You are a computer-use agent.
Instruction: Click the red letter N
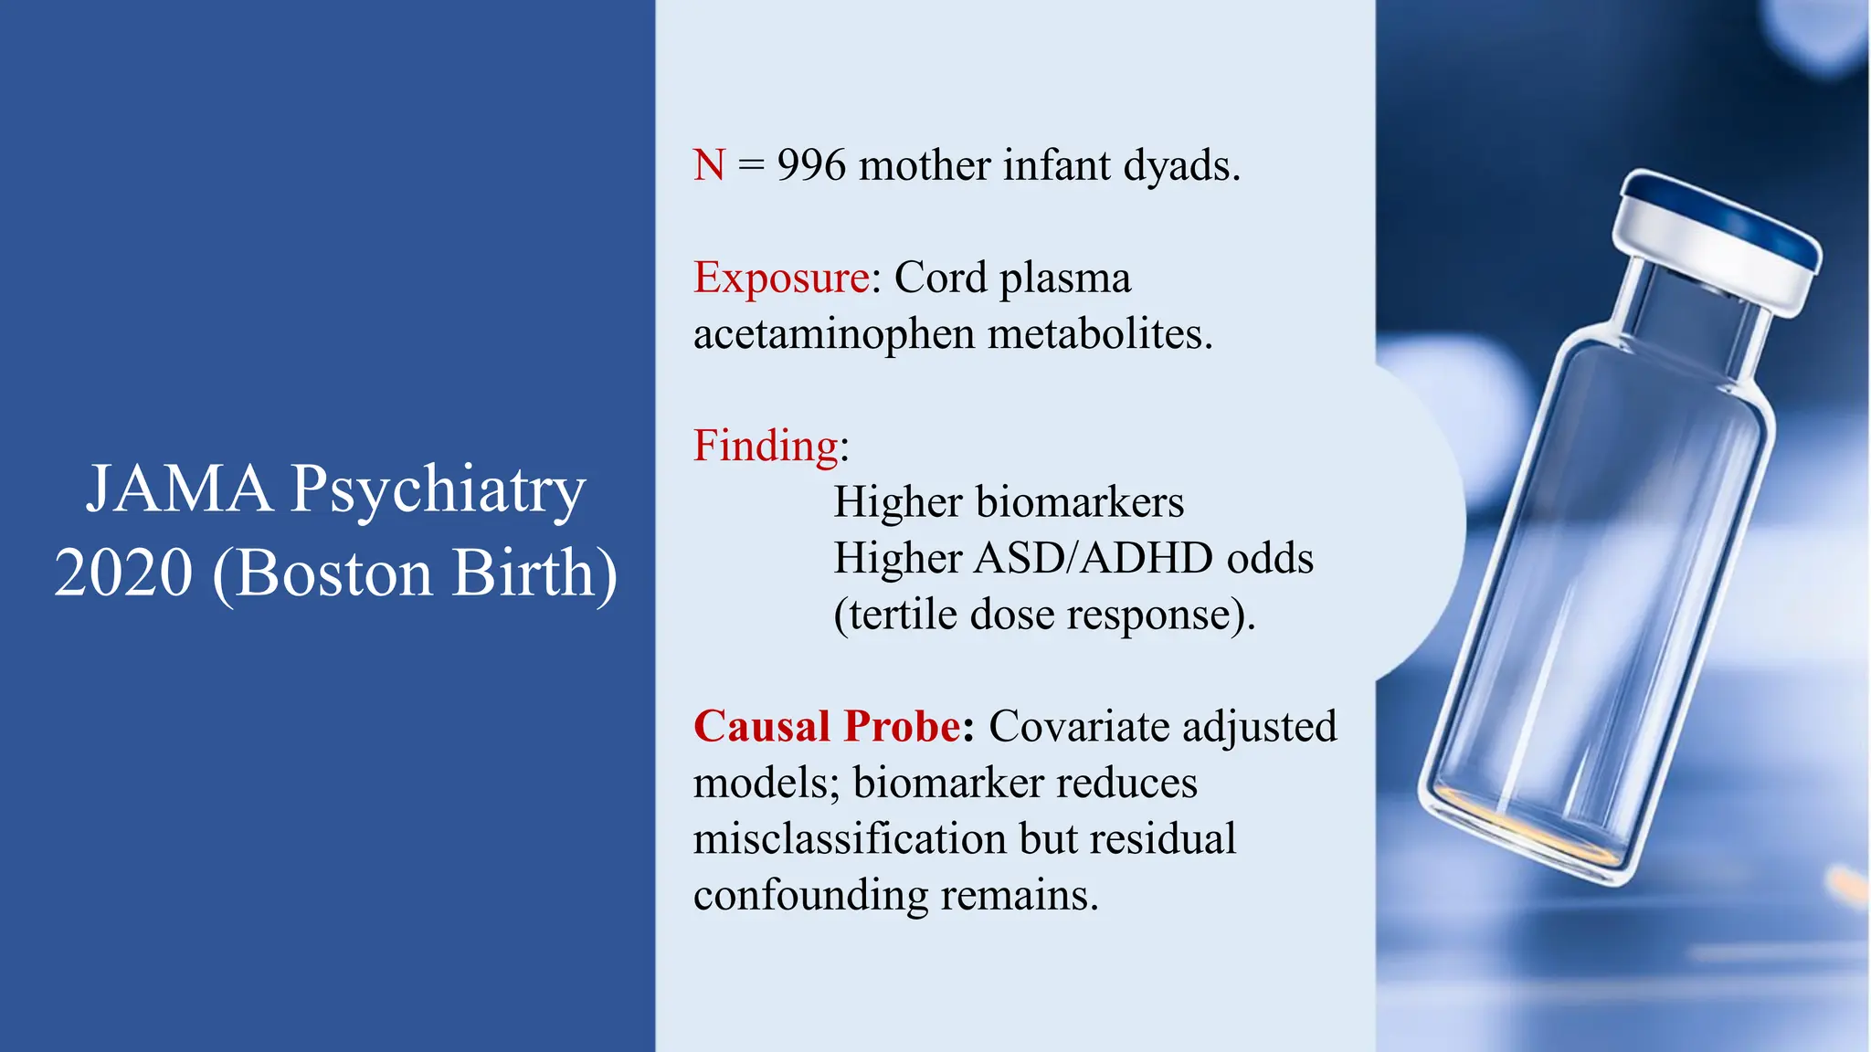point(709,166)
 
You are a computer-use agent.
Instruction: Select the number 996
point(811,166)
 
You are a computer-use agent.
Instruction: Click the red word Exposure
point(781,279)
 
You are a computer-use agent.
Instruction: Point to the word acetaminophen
point(833,335)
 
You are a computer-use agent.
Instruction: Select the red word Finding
point(766,447)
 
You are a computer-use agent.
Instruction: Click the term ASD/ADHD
point(1093,559)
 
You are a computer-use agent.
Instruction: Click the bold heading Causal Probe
point(827,727)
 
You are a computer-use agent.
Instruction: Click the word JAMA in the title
point(180,489)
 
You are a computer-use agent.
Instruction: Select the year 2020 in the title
point(123,573)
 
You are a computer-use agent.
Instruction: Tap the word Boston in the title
point(333,573)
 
